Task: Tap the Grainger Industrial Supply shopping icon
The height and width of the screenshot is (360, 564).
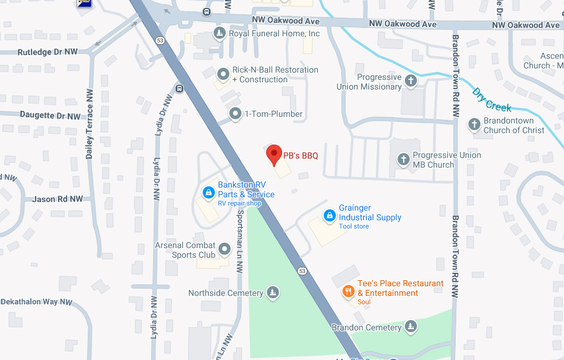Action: click(x=329, y=215)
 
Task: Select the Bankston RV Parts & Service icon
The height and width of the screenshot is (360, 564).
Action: click(x=208, y=192)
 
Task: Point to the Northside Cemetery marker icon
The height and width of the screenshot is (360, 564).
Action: click(x=273, y=293)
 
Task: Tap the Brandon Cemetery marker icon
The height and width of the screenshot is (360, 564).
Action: click(x=411, y=327)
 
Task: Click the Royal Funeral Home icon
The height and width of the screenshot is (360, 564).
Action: click(x=219, y=33)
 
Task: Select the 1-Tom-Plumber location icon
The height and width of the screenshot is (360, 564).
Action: click(x=235, y=114)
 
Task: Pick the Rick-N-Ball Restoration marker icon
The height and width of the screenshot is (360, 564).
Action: click(x=223, y=74)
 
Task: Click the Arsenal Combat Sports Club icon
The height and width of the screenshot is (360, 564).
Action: click(x=225, y=249)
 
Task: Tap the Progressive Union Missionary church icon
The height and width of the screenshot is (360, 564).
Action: click(x=411, y=81)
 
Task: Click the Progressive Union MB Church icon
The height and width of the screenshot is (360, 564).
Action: click(x=404, y=160)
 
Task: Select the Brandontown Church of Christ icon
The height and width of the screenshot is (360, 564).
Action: click(x=474, y=125)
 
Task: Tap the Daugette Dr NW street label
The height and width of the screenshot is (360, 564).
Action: click(x=50, y=116)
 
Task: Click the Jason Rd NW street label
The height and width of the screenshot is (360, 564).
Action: click(x=57, y=199)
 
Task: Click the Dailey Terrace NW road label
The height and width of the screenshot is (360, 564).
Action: click(x=90, y=124)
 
